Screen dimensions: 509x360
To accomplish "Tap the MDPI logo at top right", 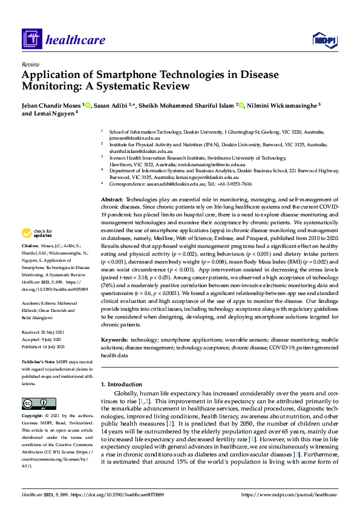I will (324, 41).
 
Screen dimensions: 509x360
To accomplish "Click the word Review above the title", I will (30, 63).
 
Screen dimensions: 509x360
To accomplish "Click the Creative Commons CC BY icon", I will (34, 403).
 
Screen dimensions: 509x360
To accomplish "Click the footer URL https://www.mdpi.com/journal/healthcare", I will (289, 495).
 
